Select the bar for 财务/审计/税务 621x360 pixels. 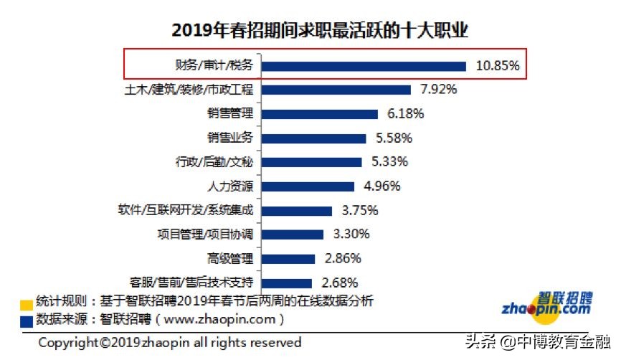point(365,66)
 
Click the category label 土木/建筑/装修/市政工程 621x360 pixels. point(189,90)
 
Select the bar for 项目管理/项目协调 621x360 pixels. point(295,234)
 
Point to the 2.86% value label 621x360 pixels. point(342,258)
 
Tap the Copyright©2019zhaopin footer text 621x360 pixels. point(170,342)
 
